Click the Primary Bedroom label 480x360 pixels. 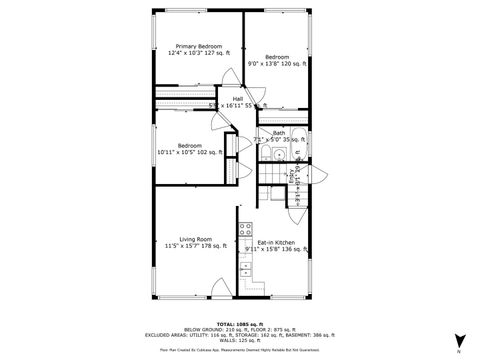(x=199, y=46)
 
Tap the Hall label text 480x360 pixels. (x=238, y=99)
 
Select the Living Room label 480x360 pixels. (x=196, y=239)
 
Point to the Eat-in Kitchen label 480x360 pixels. (x=275, y=243)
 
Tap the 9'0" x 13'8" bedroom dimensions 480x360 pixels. (x=277, y=63)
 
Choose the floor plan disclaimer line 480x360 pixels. (x=239, y=351)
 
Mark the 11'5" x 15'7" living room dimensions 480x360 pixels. (x=196, y=246)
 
